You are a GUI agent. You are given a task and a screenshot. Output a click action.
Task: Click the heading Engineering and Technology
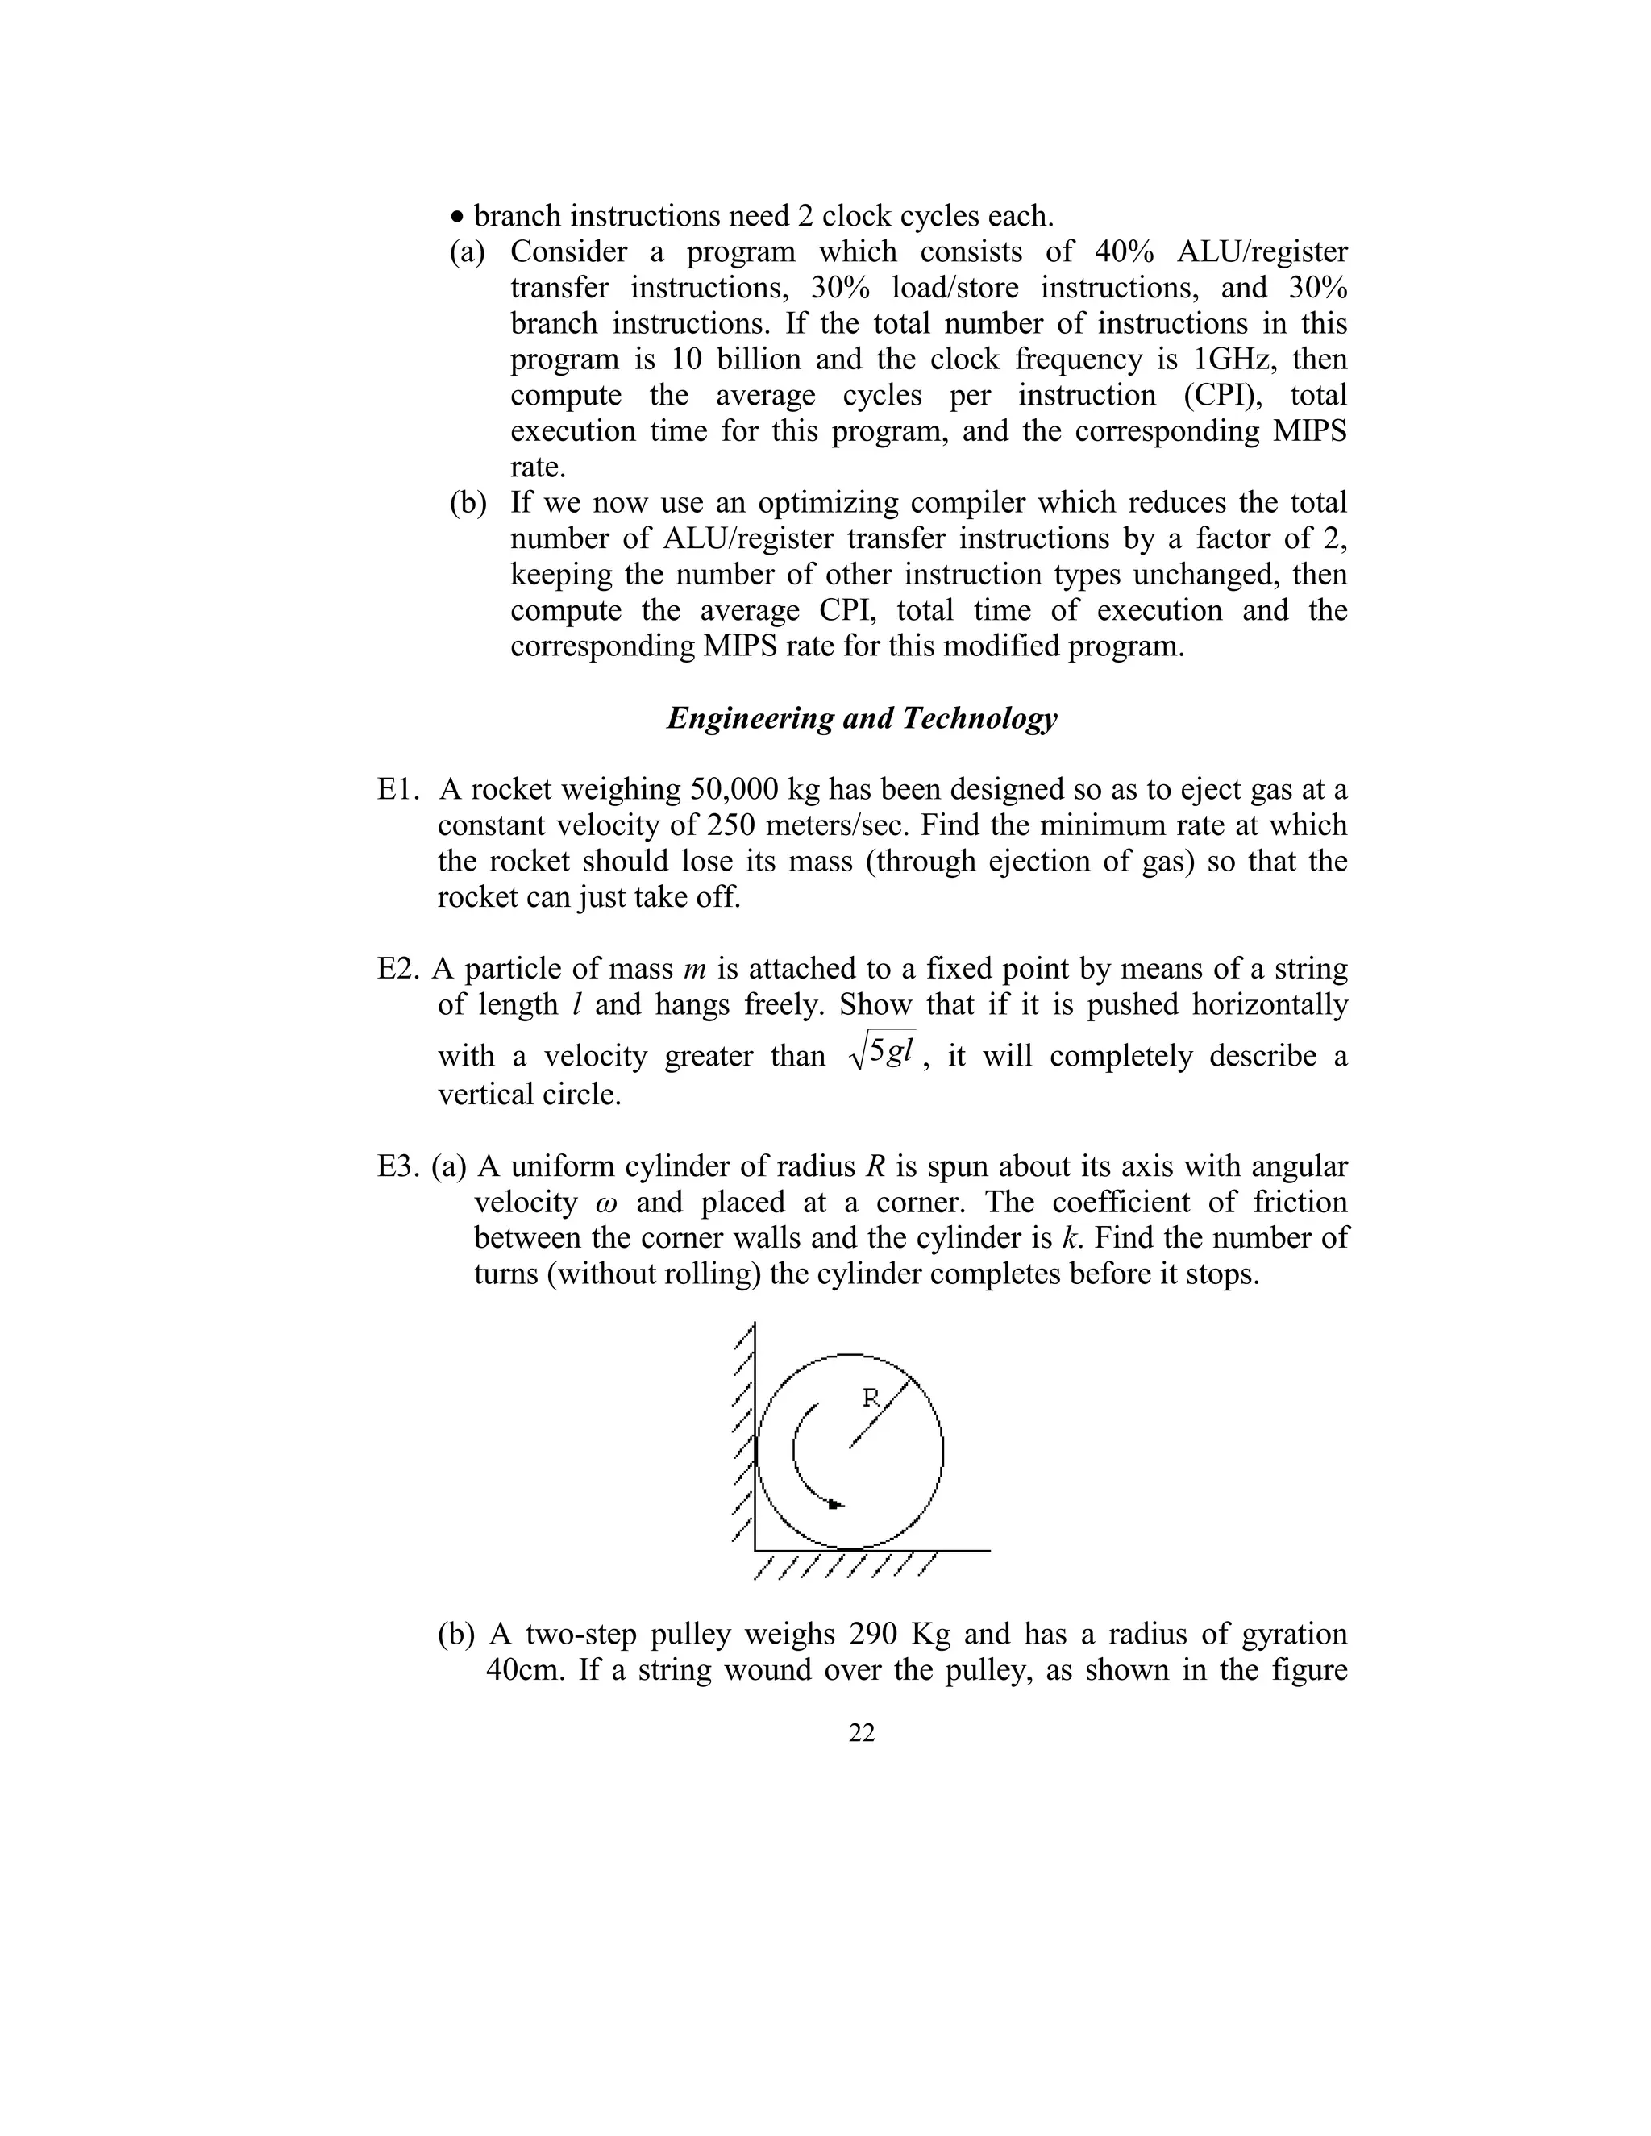(861, 719)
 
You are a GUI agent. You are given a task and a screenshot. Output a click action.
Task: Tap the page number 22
(862, 1733)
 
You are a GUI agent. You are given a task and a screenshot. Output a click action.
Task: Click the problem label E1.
(397, 789)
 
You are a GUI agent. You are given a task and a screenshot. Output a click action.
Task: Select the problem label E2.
(399, 969)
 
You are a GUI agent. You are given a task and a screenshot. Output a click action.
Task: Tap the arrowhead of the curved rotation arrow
(834, 1504)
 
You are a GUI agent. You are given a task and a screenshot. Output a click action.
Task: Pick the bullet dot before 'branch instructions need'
(457, 217)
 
